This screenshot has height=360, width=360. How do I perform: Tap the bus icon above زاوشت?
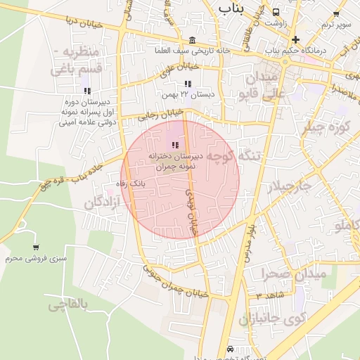(x=276, y=12)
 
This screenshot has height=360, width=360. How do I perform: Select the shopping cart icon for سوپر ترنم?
(x=336, y=13)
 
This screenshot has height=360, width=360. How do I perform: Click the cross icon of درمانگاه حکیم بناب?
(x=295, y=39)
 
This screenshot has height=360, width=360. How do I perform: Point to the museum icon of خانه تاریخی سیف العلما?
(x=193, y=39)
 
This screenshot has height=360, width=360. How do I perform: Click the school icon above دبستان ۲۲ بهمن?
(x=188, y=84)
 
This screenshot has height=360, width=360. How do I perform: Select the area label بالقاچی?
(x=67, y=304)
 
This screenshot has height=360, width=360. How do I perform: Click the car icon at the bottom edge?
(x=230, y=349)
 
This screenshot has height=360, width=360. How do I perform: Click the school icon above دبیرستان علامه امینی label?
(x=87, y=91)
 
